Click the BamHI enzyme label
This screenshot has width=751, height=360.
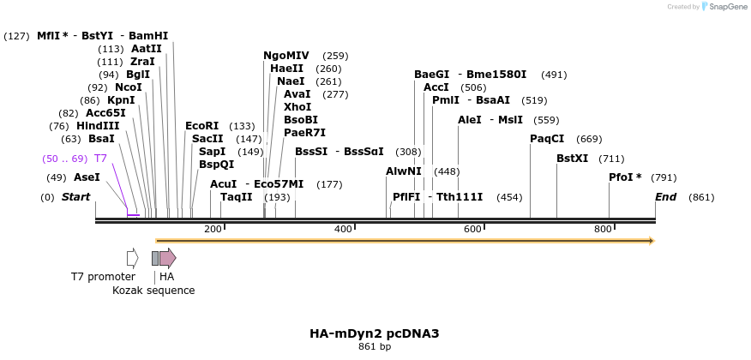pyautogui.click(x=148, y=36)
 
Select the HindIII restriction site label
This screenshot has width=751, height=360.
pyautogui.click(x=98, y=126)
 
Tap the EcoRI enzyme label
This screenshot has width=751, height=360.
pyautogui.click(x=201, y=126)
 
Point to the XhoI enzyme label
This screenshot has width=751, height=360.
pyautogui.click(x=297, y=107)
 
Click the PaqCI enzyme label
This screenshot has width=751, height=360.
pyautogui.click(x=547, y=139)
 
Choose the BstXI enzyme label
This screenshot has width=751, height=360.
pyautogui.click(x=573, y=159)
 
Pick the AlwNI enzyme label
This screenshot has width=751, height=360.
pyautogui.click(x=404, y=171)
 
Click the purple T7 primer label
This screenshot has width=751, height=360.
pyautogui.click(x=100, y=159)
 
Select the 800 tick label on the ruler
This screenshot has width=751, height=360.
pyautogui.click(x=603, y=229)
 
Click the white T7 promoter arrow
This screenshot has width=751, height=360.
pyautogui.click(x=132, y=258)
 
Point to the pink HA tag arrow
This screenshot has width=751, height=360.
pyautogui.click(x=168, y=258)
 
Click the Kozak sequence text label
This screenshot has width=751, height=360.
pyautogui.click(x=153, y=291)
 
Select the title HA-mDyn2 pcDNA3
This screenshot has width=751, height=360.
pyautogui.click(x=375, y=333)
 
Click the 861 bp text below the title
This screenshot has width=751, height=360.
pyautogui.click(x=375, y=347)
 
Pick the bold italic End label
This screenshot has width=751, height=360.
pyautogui.click(x=666, y=197)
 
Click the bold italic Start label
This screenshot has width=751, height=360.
pyautogui.click(x=75, y=197)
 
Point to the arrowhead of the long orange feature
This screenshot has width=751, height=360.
pyautogui.click(x=652, y=241)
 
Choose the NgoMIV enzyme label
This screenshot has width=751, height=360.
pyautogui.click(x=286, y=56)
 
